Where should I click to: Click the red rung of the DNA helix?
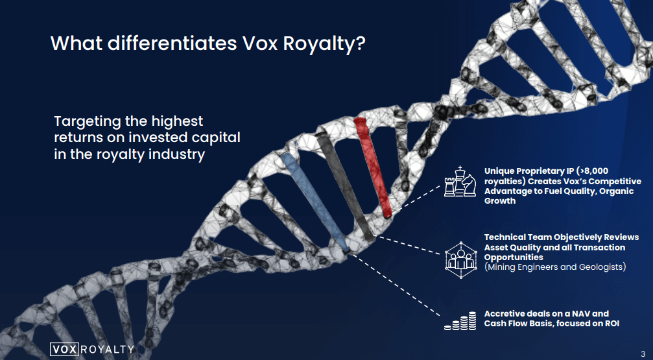372,167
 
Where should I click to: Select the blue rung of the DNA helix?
315,202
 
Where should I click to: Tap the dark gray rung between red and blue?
345,188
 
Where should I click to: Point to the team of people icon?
460,259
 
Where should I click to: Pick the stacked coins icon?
460,321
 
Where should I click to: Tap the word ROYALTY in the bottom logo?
106,349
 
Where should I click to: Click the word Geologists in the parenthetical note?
601,267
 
